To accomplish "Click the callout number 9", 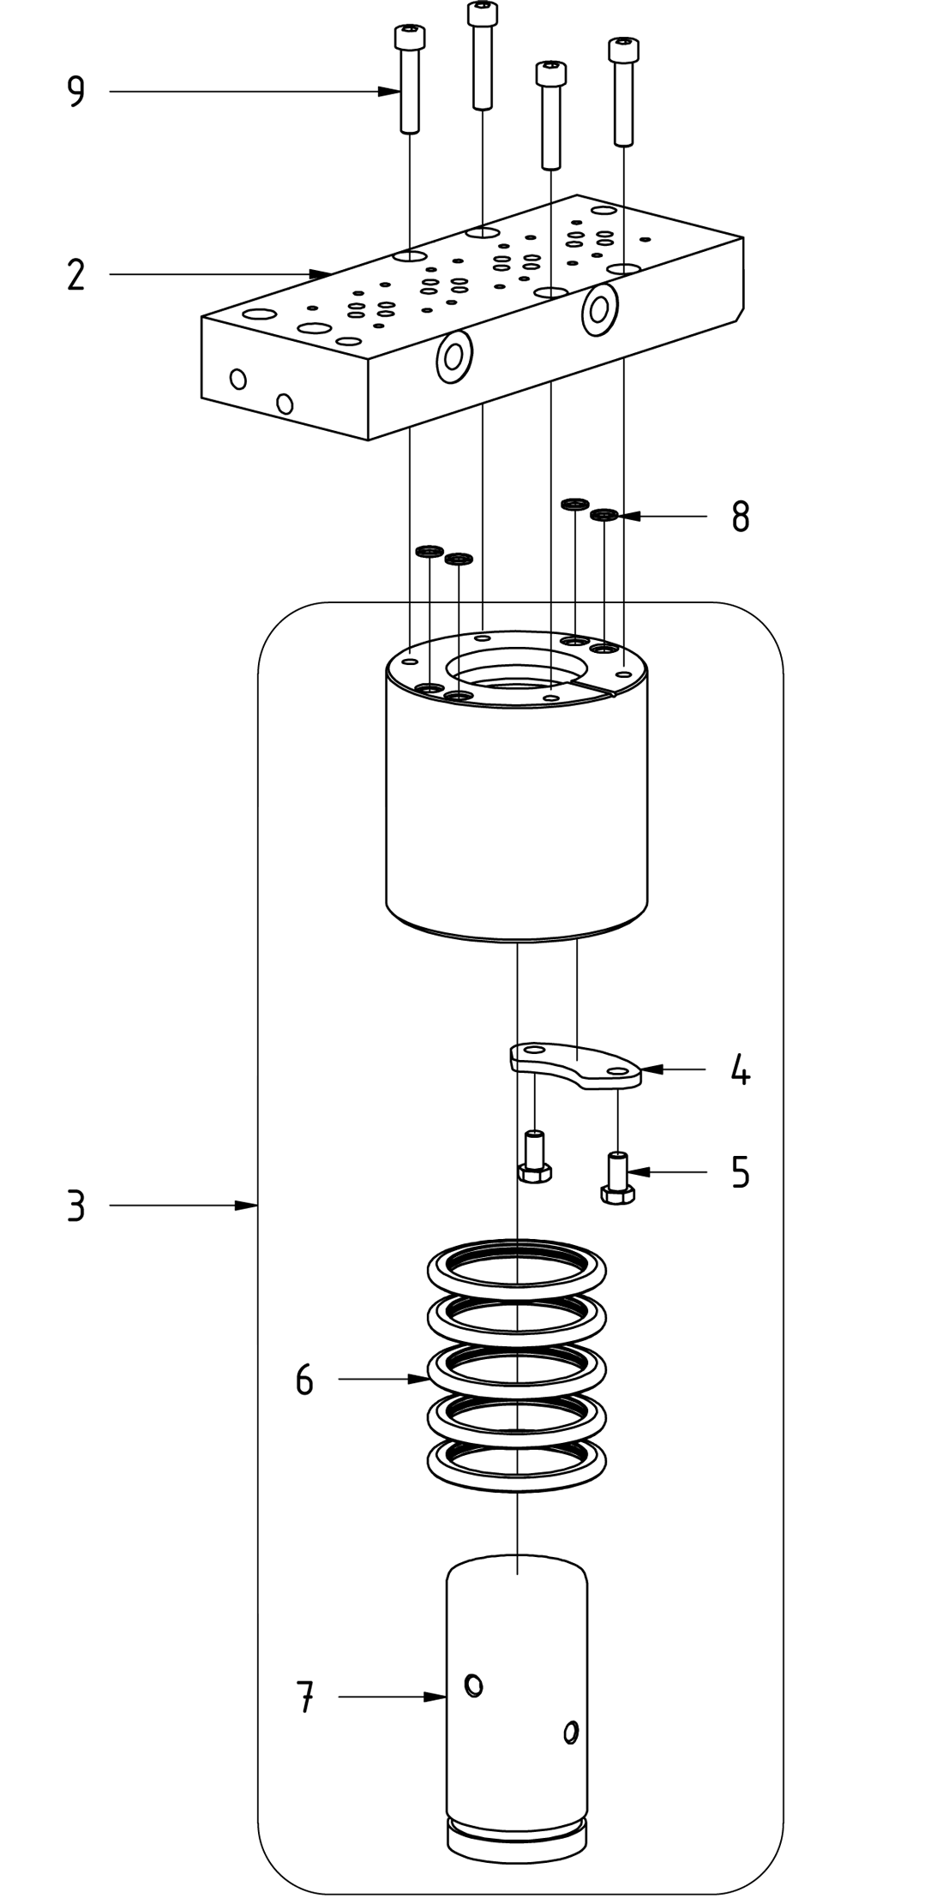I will pos(76,92).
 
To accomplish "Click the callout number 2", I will pos(76,275).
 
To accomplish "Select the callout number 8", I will pos(741,517).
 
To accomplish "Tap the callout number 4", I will pos(741,1070).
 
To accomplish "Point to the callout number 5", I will pos(741,1171).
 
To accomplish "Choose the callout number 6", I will pos(304,1380).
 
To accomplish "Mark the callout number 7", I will pos(304,1697).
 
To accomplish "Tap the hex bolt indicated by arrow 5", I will pos(617,1179).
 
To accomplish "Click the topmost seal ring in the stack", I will pos(518,1266).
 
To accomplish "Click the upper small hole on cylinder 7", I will pos(472,1685).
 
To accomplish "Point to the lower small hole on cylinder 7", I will pos(570,1733).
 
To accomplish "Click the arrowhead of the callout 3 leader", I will pos(249,1206).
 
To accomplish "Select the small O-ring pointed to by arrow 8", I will pos(605,515).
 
